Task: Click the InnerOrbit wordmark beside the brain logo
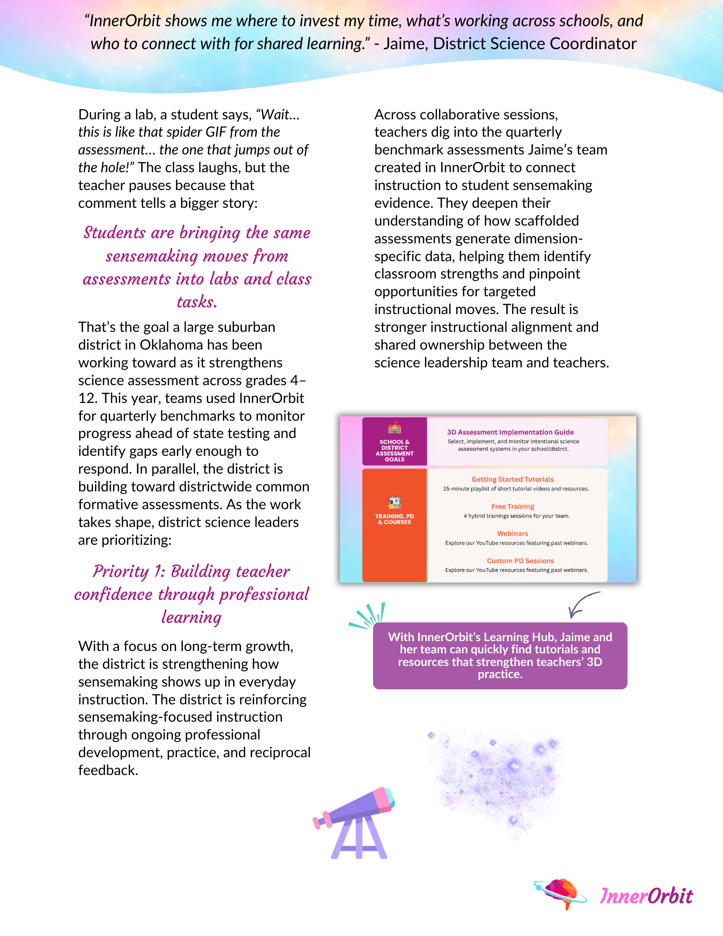(646, 896)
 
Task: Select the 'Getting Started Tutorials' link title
(512, 479)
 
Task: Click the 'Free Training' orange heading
(512, 506)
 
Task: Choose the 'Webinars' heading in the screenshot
(512, 534)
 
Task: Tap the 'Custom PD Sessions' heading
(520, 561)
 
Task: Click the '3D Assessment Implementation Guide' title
(510, 432)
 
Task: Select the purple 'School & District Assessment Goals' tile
(394, 441)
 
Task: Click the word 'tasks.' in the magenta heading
(197, 302)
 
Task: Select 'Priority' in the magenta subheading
(120, 571)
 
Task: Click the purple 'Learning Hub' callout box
(500, 655)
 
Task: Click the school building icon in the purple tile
(394, 428)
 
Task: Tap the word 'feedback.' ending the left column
(108, 770)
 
